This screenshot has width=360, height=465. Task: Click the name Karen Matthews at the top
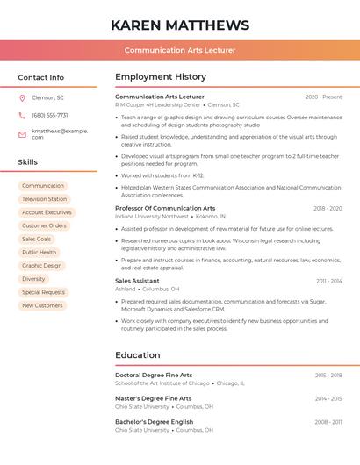[180, 25]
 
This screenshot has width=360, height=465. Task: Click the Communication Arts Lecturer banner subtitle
[180, 50]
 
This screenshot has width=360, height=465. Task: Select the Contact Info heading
[40, 77]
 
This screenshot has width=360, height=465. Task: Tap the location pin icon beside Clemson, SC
[22, 97]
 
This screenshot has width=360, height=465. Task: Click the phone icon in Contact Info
[22, 115]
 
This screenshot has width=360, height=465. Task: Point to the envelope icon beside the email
[22, 134]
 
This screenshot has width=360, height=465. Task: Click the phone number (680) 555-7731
[50, 115]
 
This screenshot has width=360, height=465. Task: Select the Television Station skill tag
[44, 199]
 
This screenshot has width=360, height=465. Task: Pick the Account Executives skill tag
[47, 212]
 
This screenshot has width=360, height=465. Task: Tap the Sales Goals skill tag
[36, 239]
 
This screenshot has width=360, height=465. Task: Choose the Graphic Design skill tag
[42, 265]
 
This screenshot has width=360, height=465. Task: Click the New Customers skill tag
[42, 305]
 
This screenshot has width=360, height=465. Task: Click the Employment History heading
[161, 77]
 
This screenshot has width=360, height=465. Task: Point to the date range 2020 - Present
[323, 97]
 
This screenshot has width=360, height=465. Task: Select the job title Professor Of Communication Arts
[165, 208]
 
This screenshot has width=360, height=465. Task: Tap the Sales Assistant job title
[137, 281]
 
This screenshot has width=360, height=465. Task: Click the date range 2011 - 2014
[328, 281]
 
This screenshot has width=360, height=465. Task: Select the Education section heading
[137, 355]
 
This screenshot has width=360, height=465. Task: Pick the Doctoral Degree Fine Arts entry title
[154, 375]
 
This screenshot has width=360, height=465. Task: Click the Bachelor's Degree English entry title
[154, 422]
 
